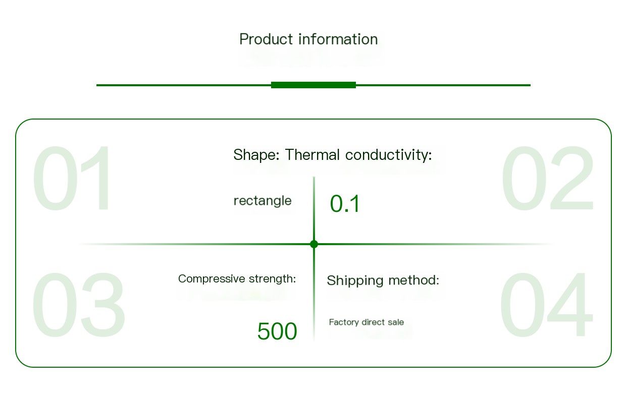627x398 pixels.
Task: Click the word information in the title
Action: point(338,39)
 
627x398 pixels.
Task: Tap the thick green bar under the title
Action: point(313,85)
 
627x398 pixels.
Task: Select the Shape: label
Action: point(256,155)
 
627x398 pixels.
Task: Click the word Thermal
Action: point(312,155)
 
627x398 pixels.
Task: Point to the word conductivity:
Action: point(389,155)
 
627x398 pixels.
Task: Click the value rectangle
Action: point(263,201)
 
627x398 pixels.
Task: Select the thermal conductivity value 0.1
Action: point(345,204)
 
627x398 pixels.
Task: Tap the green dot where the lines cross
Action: point(314,244)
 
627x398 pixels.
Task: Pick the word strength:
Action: point(272,278)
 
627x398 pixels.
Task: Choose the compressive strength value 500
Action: point(277,331)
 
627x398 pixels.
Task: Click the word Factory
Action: point(344,322)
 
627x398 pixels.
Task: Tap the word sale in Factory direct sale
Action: point(396,322)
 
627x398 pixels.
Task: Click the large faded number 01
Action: point(71,178)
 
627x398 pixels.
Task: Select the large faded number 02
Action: point(548,178)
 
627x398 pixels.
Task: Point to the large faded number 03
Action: point(78,305)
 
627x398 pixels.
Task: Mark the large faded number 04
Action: point(546,305)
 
